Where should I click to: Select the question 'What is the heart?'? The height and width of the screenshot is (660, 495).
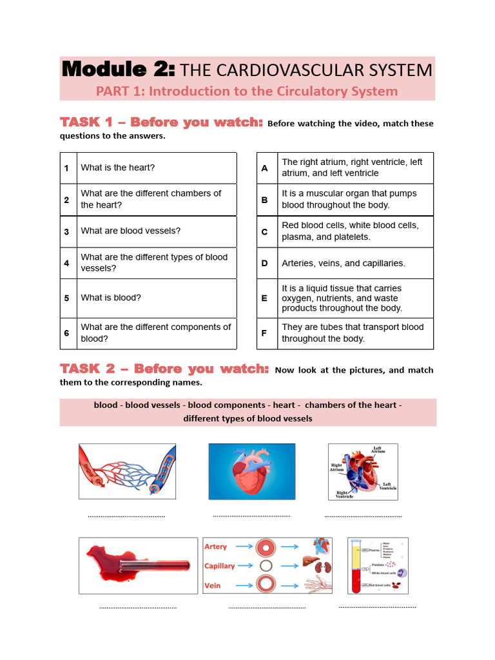117,168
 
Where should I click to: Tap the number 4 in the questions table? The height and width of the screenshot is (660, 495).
66,263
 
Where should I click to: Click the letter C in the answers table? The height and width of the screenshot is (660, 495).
264,231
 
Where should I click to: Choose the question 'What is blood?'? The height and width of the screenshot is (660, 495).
110,298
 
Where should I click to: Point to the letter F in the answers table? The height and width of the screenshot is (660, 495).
264,333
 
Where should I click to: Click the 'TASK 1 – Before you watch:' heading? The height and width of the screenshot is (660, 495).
161,122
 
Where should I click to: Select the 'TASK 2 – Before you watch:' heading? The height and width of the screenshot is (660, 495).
164,369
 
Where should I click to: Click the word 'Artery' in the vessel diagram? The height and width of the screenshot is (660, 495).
216,547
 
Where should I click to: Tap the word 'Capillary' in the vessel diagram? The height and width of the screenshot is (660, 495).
220,566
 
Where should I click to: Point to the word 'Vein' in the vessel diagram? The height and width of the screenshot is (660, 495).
213,585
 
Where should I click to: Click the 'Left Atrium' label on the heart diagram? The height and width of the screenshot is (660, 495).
378,450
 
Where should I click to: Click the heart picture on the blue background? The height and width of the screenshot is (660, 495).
251,471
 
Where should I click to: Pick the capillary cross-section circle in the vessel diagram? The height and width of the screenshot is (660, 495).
264,566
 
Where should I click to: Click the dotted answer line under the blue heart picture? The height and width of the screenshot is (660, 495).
251,516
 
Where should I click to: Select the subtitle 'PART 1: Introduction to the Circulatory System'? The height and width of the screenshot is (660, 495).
247,91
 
